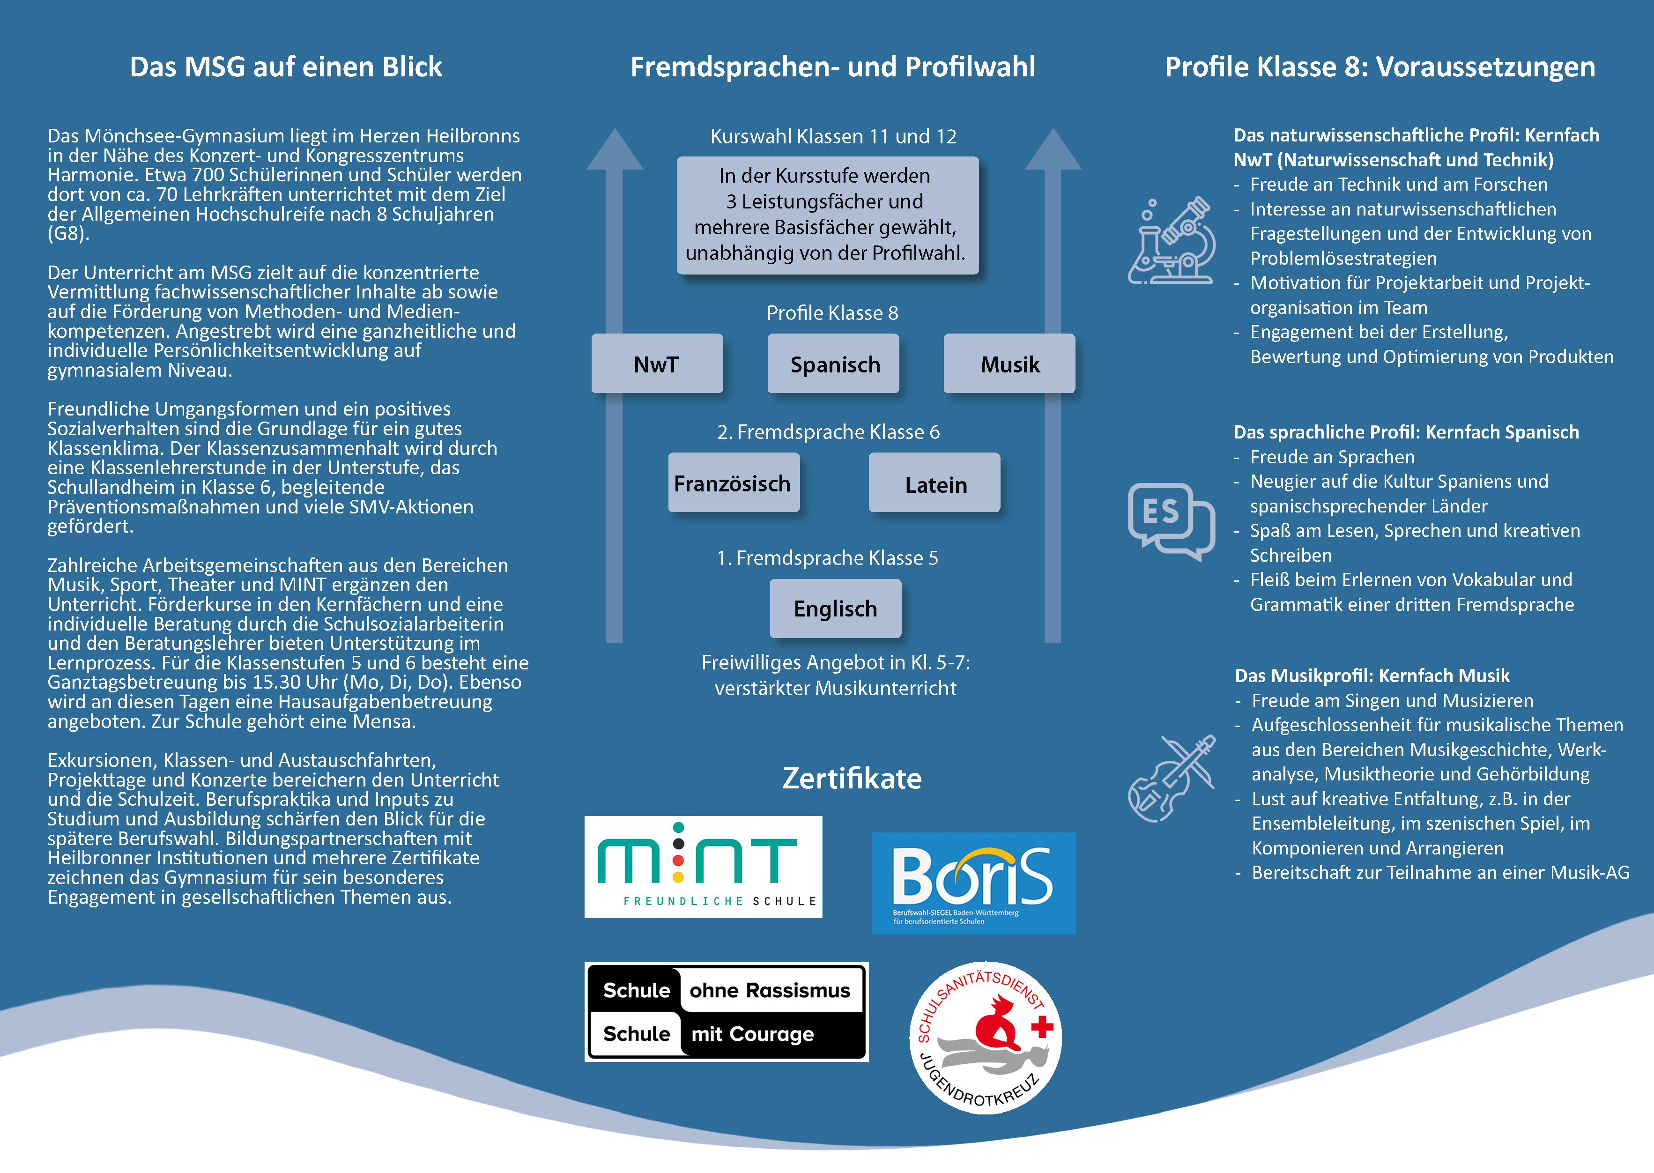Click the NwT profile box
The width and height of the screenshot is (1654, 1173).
(657, 364)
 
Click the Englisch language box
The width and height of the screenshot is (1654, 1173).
(835, 608)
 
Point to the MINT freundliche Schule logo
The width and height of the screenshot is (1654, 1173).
(703, 866)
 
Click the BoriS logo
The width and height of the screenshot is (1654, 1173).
(973, 883)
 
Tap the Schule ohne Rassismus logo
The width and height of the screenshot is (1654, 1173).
(726, 1011)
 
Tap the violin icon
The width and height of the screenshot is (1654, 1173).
(1171, 778)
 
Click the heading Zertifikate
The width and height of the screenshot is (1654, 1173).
(852, 778)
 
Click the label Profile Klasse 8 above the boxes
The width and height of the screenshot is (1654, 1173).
(832, 313)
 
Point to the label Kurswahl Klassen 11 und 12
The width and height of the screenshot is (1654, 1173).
(833, 136)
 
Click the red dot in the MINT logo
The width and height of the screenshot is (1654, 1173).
(677, 860)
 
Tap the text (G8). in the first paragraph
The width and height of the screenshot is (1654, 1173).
(68, 234)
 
